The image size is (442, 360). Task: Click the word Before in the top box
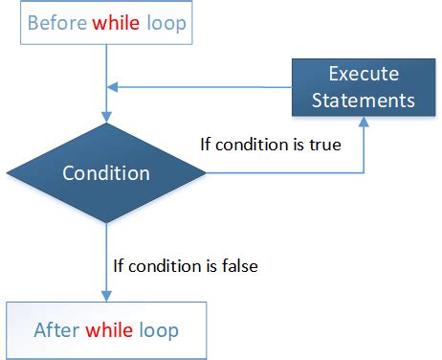(x=57, y=22)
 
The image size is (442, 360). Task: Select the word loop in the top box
(x=166, y=22)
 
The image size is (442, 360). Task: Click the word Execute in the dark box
(x=365, y=74)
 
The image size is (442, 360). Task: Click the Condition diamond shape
(x=106, y=173)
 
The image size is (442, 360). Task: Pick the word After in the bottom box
(x=56, y=331)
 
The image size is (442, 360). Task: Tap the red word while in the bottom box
(x=110, y=331)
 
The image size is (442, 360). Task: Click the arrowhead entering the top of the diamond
(x=105, y=116)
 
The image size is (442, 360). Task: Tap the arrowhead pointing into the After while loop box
(x=105, y=296)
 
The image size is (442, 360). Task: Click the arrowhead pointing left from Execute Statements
(x=111, y=87)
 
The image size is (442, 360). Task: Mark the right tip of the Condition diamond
(x=205, y=173)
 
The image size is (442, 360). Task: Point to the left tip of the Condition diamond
(x=8, y=173)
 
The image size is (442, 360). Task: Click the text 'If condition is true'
(x=271, y=146)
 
